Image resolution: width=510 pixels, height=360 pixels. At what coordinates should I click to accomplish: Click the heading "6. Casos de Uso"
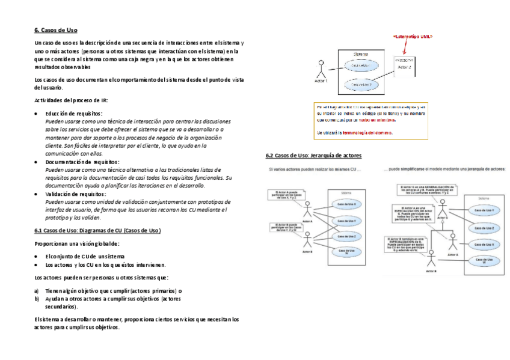[x=56, y=30]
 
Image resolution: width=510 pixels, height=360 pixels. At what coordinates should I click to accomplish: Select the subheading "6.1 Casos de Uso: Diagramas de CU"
[x=97, y=230]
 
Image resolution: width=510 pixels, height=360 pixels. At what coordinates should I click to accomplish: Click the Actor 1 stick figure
[x=321, y=68]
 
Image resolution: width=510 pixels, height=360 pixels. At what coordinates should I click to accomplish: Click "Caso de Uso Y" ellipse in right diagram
[x=484, y=210]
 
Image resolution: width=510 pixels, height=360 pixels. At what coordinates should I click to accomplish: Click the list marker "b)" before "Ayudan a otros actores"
[x=37, y=298]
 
